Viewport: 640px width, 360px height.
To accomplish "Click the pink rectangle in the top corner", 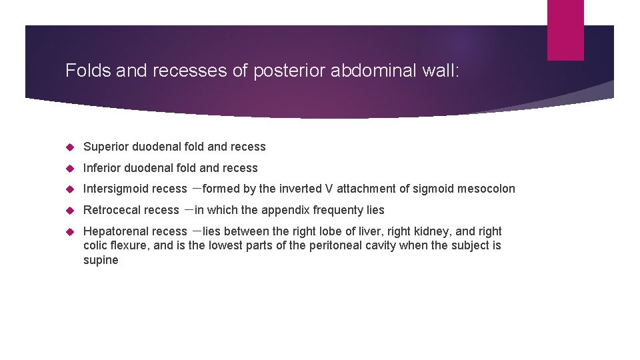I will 565,30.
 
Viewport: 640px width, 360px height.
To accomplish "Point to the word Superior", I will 107,147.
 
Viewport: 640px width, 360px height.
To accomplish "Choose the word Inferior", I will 103,168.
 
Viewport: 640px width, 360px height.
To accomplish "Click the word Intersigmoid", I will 116,189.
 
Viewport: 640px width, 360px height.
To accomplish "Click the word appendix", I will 285,210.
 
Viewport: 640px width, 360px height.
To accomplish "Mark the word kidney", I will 435,231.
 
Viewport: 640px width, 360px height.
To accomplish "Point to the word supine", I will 101,260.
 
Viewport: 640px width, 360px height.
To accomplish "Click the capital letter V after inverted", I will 329,189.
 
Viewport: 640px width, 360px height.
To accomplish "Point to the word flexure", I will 125,245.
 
